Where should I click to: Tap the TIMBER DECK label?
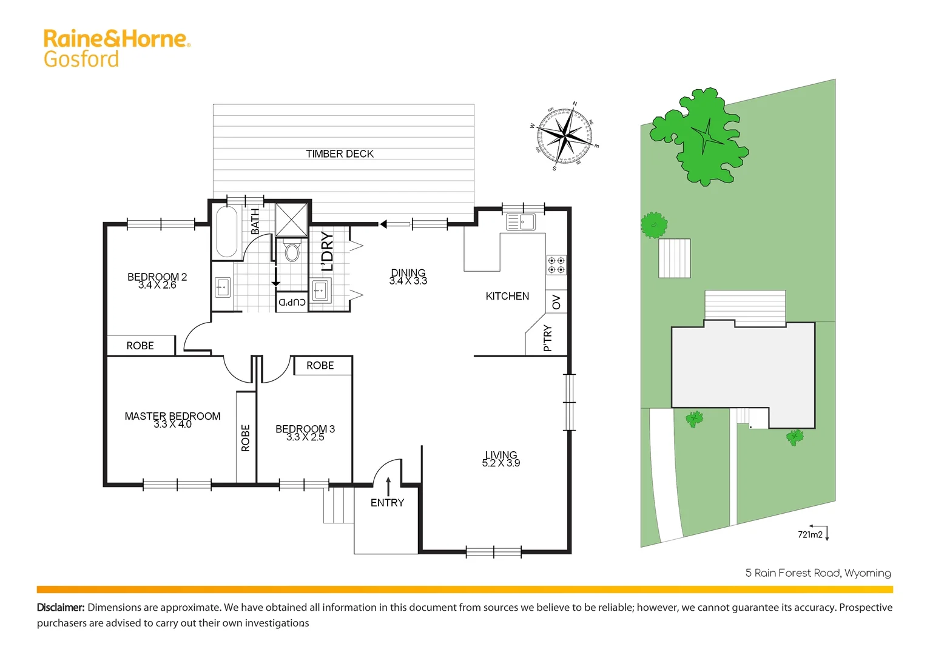click(340, 154)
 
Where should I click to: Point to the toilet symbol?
click(292, 251)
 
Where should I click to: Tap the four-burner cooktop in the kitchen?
click(556, 265)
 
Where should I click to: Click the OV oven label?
click(556, 302)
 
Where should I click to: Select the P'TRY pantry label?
click(548, 338)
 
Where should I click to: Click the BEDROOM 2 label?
click(157, 277)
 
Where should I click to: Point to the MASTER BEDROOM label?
click(172, 416)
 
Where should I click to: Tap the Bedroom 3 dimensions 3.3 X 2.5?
click(305, 437)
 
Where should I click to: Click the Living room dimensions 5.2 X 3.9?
click(501, 463)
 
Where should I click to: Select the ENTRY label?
click(387, 503)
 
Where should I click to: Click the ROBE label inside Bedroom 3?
click(320, 366)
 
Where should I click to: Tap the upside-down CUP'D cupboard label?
click(292, 302)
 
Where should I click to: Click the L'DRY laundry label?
click(327, 252)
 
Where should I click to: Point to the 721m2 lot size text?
click(810, 534)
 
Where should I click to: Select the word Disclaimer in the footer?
click(61, 607)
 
